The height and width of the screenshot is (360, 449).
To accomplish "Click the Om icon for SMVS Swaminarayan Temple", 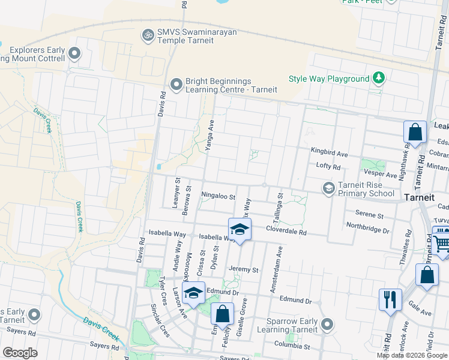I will click(147, 36).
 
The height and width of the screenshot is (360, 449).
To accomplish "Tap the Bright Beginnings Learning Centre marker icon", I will click(176, 85).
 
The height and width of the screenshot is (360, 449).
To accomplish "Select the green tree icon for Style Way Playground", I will click(378, 78).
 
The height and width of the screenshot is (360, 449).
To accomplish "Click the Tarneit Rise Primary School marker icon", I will click(328, 188).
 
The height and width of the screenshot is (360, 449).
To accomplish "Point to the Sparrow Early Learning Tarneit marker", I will click(327, 325).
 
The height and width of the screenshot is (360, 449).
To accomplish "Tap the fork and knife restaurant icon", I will click(390, 298).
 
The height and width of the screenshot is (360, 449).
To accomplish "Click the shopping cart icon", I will click(442, 242).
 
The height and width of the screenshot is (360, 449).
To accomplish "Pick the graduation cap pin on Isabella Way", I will click(239, 229).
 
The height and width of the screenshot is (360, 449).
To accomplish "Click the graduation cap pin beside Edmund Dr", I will click(193, 292).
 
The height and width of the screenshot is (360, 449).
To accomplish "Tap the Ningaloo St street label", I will click(218, 196).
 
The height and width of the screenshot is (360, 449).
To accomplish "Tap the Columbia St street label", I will click(293, 346).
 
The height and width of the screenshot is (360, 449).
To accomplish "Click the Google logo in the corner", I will click(20, 352).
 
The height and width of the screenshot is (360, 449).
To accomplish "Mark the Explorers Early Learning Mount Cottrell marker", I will click(74, 54).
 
